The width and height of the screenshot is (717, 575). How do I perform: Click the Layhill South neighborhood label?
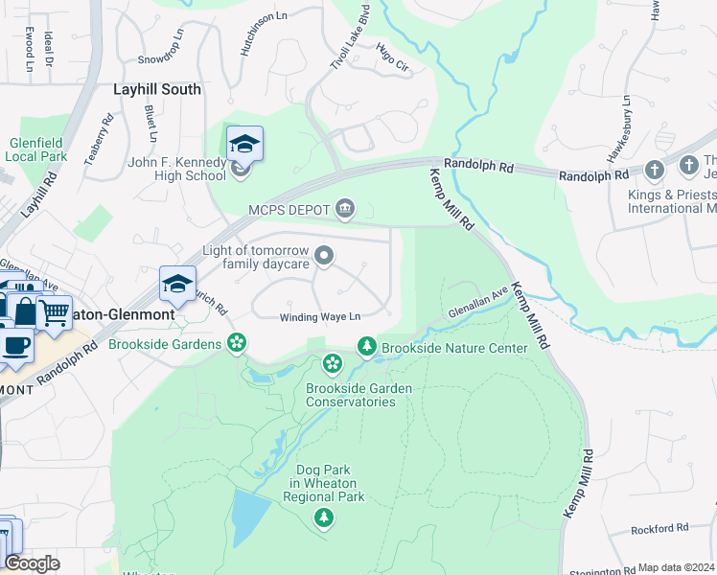coord(157,89)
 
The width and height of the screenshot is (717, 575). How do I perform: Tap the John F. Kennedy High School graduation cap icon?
coord(244,145)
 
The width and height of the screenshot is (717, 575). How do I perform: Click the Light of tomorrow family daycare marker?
coord(325,255)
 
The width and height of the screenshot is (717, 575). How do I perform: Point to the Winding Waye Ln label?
coord(320,317)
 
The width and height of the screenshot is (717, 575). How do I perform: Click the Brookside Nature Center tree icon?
coord(365,346)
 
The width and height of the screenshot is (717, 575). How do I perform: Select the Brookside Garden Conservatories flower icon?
coord(332,363)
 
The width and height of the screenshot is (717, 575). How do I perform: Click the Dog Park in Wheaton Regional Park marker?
coord(324,518)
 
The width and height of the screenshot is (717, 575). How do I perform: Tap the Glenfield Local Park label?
coord(38,149)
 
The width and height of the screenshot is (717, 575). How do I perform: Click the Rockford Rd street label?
coord(659,528)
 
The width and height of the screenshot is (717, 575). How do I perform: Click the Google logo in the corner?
coord(33,563)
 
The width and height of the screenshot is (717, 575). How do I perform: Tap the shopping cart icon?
coord(54,311)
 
